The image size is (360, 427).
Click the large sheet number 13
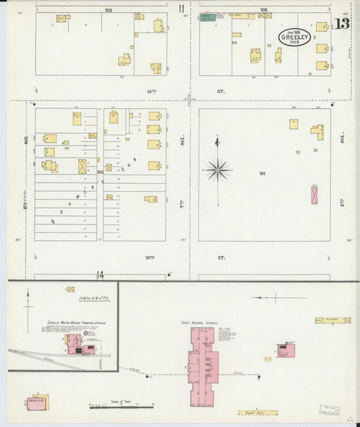click(x=342, y=24)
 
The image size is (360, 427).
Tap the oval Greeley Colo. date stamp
click(x=295, y=36)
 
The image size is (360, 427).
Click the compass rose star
click(x=217, y=170)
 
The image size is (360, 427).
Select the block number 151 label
click(x=261, y=174)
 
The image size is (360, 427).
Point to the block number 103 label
click(x=108, y=10)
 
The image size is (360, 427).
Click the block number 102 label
click(x=263, y=9)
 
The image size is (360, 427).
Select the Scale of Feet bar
click(x=122, y=407)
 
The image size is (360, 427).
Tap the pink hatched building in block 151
click(x=314, y=195)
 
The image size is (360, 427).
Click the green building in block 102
click(x=207, y=16)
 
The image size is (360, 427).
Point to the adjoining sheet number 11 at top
click(x=182, y=9)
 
